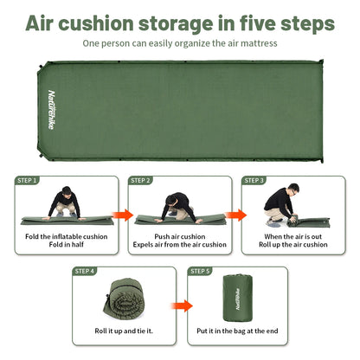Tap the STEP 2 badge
[141, 181]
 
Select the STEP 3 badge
[254, 181]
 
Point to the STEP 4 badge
[85, 271]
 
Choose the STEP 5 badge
[201, 271]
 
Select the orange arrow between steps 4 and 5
[180, 305]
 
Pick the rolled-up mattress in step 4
[120, 299]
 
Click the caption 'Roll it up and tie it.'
[123, 331]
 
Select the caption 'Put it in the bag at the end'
[237, 331]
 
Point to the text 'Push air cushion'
[179, 235]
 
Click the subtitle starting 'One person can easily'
[180, 42]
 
